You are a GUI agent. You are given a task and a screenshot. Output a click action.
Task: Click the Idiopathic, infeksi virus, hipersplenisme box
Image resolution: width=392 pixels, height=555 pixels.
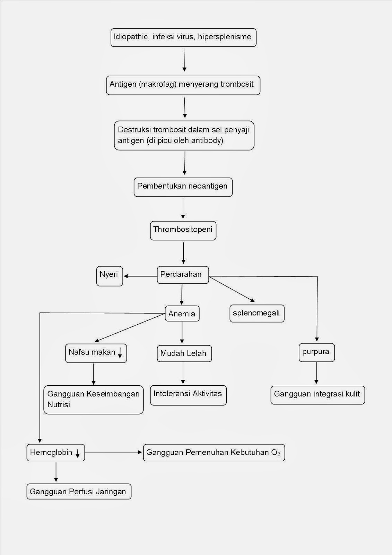pyautogui.click(x=183, y=37)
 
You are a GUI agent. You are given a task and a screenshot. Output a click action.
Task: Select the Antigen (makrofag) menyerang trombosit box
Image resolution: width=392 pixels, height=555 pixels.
pyautogui.click(x=183, y=85)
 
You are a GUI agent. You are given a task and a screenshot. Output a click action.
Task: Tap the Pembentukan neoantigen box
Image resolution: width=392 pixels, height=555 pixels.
pyautogui.click(x=183, y=187)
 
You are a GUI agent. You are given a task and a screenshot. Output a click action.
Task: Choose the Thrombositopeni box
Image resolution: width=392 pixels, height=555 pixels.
pyautogui.click(x=183, y=230)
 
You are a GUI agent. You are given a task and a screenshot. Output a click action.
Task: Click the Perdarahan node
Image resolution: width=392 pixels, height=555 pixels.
pyautogui.click(x=183, y=275)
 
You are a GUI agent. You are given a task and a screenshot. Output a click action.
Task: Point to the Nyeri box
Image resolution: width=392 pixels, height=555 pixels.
pyautogui.click(x=109, y=276)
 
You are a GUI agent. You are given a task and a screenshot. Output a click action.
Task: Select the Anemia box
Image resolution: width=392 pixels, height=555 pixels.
pyautogui.click(x=182, y=314)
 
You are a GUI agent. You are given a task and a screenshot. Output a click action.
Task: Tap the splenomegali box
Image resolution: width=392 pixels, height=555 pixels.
pyautogui.click(x=257, y=313)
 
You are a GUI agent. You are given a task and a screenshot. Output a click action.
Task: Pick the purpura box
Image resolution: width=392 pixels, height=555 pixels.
pyautogui.click(x=316, y=352)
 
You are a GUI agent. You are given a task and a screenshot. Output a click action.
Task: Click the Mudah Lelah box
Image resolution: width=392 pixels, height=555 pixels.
pyautogui.click(x=184, y=353)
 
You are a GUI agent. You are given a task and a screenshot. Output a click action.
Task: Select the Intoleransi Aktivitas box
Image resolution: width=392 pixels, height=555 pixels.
pyautogui.click(x=188, y=395)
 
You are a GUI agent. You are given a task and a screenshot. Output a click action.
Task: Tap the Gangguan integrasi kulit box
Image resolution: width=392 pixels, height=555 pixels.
pyautogui.click(x=317, y=395)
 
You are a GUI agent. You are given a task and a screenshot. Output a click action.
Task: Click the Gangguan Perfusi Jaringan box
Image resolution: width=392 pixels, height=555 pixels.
pyautogui.click(x=79, y=492)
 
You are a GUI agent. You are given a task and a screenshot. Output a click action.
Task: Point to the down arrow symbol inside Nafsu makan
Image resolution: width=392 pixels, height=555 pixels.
pyautogui.click(x=120, y=353)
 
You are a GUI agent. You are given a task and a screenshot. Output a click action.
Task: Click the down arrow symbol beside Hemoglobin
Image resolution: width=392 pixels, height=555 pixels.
pyautogui.click(x=78, y=453)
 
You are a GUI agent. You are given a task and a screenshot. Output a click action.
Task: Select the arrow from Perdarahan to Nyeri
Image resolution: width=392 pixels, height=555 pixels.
pyautogui.click(x=140, y=276)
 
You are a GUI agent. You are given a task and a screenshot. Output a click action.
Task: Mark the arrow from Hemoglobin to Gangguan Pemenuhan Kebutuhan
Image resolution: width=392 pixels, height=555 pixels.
pyautogui.click(x=114, y=452)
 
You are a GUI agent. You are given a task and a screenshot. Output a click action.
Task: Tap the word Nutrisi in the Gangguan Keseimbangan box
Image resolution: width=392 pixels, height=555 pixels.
pyautogui.click(x=59, y=404)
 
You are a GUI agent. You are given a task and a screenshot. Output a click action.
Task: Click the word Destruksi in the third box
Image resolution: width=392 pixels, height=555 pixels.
pyautogui.click(x=134, y=130)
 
